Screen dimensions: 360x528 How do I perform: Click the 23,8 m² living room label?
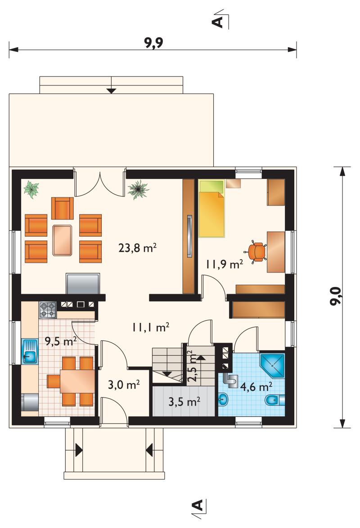coord(138,248)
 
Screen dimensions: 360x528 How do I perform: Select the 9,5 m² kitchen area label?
coord(61,341)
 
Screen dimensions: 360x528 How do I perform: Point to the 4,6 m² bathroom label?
coord(256,387)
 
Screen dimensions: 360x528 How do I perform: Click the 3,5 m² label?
coord(184,402)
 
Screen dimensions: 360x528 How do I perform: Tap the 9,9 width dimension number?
coord(154,43)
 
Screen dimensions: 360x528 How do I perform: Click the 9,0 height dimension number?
coord(336,296)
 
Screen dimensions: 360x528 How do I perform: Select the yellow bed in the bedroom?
coord(211,208)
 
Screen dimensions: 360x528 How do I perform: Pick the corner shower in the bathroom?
coord(272,365)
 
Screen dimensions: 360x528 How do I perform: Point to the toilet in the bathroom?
coord(274,400)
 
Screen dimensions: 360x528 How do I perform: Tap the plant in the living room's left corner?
coord(31,190)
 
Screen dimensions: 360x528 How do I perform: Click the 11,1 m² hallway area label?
coord(150,327)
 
